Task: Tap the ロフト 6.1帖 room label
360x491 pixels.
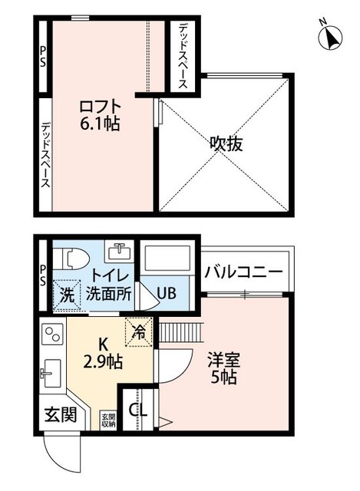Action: tap(99, 112)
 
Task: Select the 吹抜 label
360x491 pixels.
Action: tap(226, 143)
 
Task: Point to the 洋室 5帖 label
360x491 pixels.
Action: tap(225, 368)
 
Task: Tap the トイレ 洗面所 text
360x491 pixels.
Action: tap(108, 285)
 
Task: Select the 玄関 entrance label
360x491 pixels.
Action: tap(58, 416)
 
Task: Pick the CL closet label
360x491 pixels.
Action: tap(138, 410)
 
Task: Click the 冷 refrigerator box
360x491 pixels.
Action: tap(140, 332)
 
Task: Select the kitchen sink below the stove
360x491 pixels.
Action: tap(50, 376)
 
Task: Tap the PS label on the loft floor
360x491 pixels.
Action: tap(45, 58)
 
